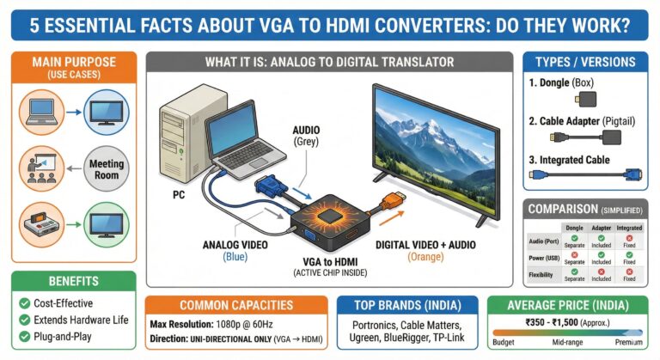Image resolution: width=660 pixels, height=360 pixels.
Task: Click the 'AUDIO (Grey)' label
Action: [307, 134]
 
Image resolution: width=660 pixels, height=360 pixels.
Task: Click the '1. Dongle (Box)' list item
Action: [572, 84]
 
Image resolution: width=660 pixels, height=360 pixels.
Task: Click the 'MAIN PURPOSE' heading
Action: [72, 63]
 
